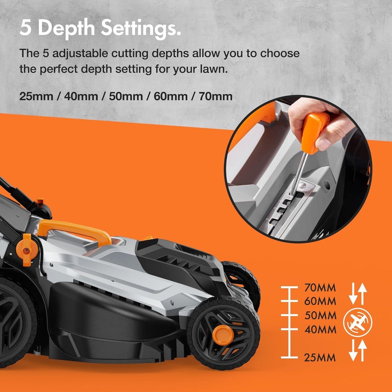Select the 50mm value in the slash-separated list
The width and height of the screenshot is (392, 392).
pos(126,96)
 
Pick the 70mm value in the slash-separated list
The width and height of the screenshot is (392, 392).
pos(216,96)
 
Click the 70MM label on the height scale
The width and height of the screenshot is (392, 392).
pos(320,288)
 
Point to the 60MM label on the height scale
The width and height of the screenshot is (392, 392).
pos(320,301)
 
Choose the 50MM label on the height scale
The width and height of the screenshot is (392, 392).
pos(320,315)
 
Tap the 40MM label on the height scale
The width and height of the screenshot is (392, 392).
pos(320,329)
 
